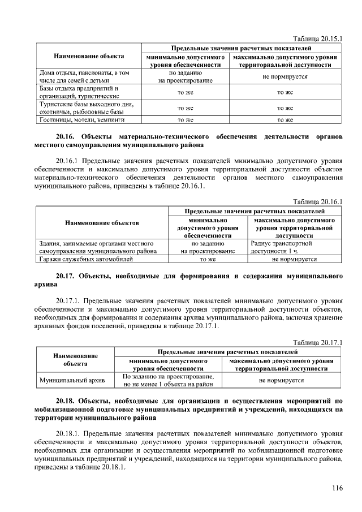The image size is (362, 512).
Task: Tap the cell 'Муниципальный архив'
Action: point(68,380)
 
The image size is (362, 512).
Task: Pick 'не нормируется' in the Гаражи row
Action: point(294,259)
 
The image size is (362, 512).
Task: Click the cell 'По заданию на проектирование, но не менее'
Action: point(168,380)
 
